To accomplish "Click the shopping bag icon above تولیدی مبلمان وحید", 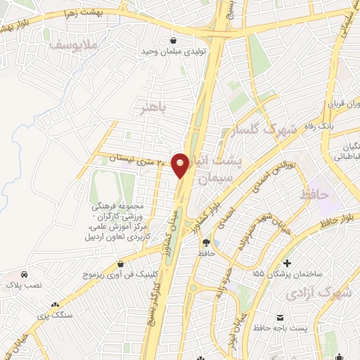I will click(173, 39).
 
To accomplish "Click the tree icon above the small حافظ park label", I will click(205, 243).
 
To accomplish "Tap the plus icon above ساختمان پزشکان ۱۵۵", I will click(288, 262).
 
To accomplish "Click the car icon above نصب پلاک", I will click(25, 274).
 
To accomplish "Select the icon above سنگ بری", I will click(56, 304).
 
